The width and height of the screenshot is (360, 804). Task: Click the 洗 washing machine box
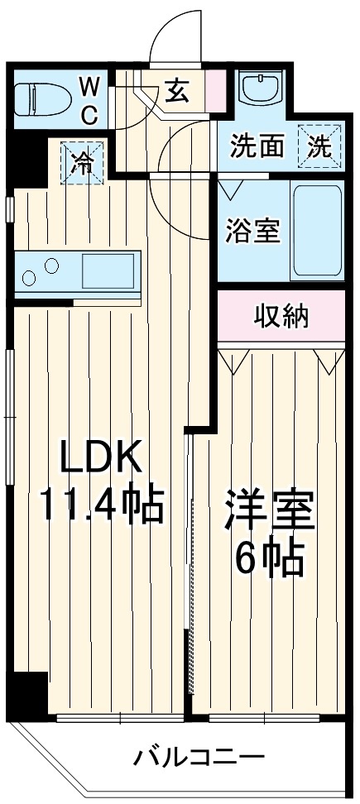tap(319, 147)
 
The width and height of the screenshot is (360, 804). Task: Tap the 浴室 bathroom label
tap(252, 231)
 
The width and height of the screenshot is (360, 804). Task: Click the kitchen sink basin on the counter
tap(108, 270)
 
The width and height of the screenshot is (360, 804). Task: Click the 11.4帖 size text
tap(101, 504)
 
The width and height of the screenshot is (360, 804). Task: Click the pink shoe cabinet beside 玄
tap(216, 89)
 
